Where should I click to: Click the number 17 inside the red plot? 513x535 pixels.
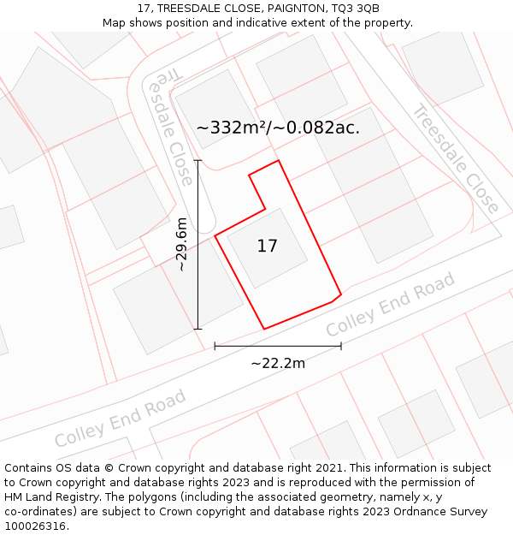(x=267, y=247)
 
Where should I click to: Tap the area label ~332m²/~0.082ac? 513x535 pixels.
(x=278, y=128)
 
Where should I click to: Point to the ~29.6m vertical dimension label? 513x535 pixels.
(x=181, y=244)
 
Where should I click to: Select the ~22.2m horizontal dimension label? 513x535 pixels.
(x=278, y=363)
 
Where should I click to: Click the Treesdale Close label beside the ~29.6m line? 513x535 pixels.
(x=170, y=128)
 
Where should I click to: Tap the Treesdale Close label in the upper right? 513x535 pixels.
(x=456, y=158)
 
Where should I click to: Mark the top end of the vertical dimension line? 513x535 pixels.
(x=198, y=160)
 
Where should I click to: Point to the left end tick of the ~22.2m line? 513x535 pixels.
(x=215, y=346)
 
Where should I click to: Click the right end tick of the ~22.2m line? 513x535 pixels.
(x=341, y=346)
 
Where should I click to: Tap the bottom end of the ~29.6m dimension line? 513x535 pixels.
(x=198, y=329)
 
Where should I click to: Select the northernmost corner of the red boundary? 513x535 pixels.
(x=279, y=160)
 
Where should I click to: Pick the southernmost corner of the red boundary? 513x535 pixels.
(x=263, y=329)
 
